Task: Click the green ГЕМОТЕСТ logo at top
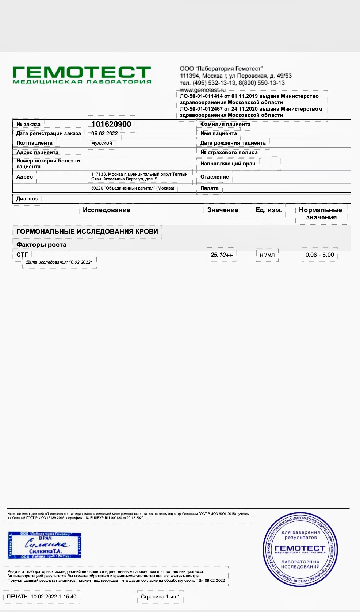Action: tap(82, 75)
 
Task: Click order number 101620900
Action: tap(111, 124)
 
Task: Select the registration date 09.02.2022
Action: tap(104, 133)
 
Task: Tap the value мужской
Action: tap(102, 143)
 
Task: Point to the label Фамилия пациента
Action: tap(225, 124)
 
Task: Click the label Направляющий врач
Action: tap(228, 164)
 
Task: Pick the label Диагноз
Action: tap(27, 199)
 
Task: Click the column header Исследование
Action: tap(106, 210)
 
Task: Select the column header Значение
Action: tap(223, 210)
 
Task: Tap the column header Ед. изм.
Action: tap(268, 210)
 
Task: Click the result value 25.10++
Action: tap(222, 255)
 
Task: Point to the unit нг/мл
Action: tap(267, 255)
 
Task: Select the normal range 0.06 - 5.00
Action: tap(320, 255)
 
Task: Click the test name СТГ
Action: tap(22, 255)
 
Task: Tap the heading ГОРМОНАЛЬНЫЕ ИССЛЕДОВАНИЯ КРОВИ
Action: tap(87, 231)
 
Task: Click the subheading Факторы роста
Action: tap(41, 245)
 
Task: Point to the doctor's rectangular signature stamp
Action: tap(45, 545)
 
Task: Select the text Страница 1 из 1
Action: tap(160, 597)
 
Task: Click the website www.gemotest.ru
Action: tap(203, 90)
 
